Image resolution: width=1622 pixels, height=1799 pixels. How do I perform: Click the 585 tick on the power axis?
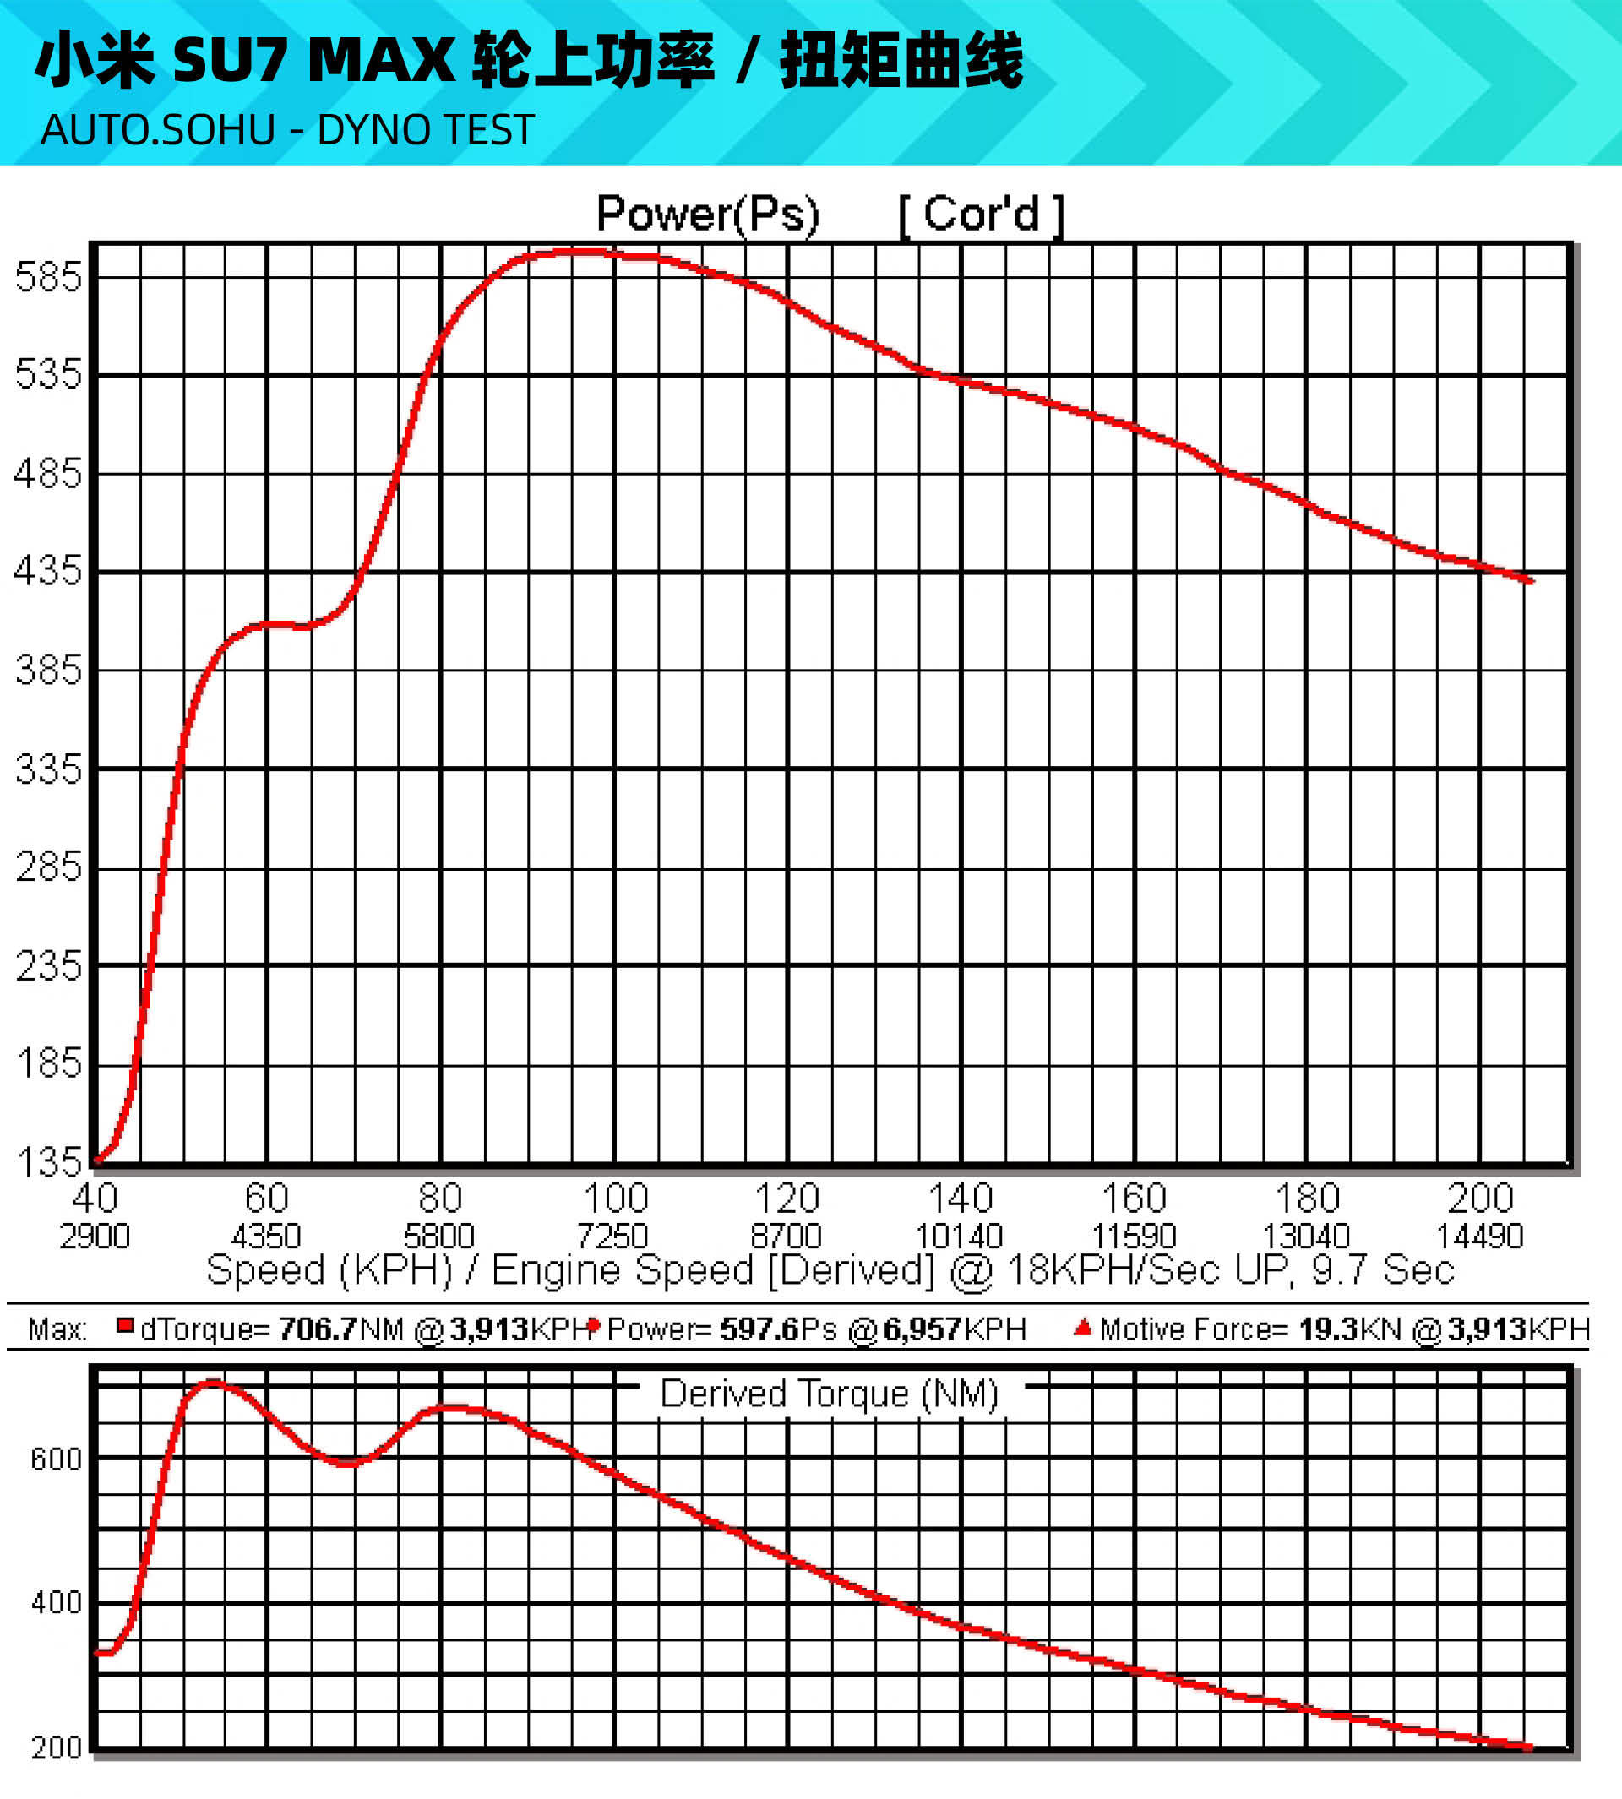48,277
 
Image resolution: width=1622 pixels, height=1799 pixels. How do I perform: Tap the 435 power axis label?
48,571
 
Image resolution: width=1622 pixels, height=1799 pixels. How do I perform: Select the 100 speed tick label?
615,1198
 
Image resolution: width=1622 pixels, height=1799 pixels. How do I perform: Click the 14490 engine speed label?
1479,1236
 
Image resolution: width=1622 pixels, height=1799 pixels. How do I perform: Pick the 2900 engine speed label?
95,1236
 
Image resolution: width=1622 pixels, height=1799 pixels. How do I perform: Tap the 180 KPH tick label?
1308,1198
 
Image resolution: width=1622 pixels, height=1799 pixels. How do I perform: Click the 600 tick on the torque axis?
55,1459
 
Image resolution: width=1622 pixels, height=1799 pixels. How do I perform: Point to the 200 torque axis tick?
55,1747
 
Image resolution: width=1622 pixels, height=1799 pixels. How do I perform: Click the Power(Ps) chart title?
708,214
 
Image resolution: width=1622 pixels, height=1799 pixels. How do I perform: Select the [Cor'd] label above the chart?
981,215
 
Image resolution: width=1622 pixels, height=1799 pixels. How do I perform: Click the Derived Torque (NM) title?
829,1394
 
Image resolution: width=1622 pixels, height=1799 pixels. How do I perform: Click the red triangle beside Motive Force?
1083,1328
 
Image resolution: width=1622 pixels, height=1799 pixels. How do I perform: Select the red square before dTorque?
125,1327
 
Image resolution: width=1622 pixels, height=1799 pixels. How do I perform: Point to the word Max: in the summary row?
57,1329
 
